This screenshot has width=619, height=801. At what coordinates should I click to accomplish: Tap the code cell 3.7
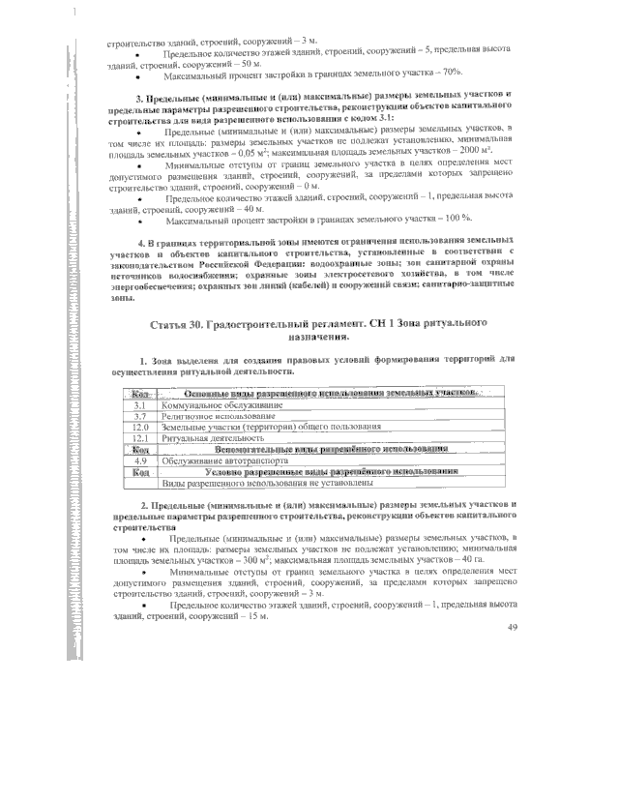(139, 415)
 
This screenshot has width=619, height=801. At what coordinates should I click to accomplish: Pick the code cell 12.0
(139, 427)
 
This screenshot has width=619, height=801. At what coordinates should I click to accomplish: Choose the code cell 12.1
(139, 438)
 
